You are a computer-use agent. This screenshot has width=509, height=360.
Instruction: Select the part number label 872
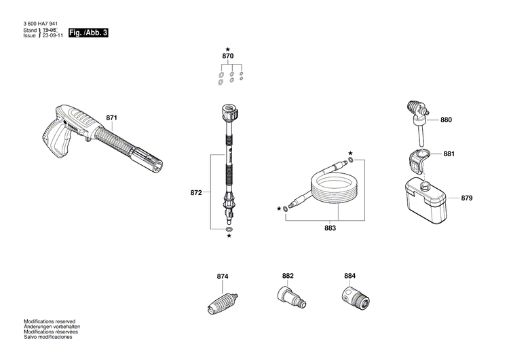coord(196,193)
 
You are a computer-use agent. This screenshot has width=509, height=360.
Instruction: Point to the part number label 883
coord(330,229)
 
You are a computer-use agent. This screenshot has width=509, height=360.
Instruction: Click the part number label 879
coord(466,198)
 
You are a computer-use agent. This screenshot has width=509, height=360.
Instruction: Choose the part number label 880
coord(445,120)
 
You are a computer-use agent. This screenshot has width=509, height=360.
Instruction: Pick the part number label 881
coord(449,154)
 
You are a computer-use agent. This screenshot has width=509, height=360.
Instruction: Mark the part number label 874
coord(223,276)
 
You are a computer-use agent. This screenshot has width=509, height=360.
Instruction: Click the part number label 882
coord(288,276)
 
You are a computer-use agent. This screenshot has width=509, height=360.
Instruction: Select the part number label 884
coord(350,276)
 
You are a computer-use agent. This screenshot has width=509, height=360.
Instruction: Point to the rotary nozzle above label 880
coord(416,110)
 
